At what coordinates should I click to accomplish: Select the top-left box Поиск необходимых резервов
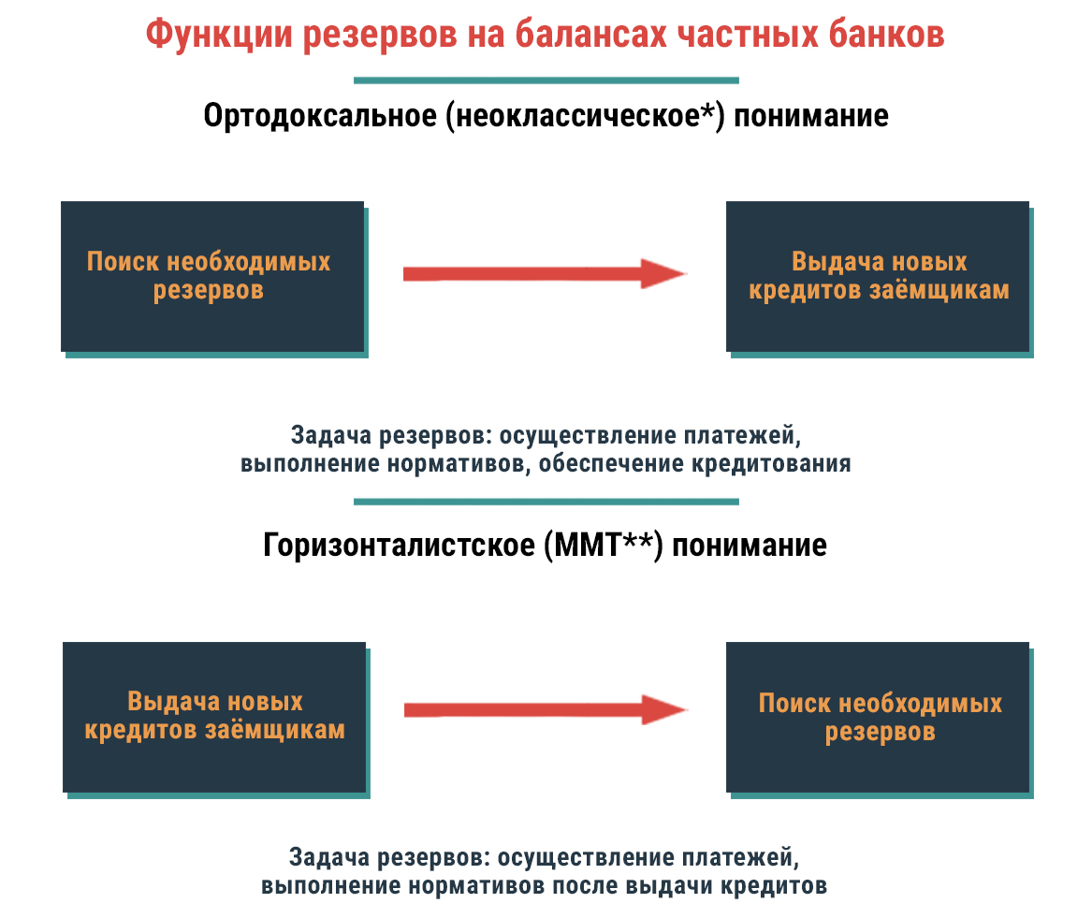pyautogui.click(x=212, y=276)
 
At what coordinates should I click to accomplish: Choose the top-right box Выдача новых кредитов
pyautogui.click(x=879, y=276)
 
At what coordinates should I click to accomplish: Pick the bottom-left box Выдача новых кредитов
pyautogui.click(x=213, y=716)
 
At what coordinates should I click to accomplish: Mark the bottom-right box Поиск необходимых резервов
pyautogui.click(x=879, y=716)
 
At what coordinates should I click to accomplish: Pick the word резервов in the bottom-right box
pyautogui.click(x=880, y=731)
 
